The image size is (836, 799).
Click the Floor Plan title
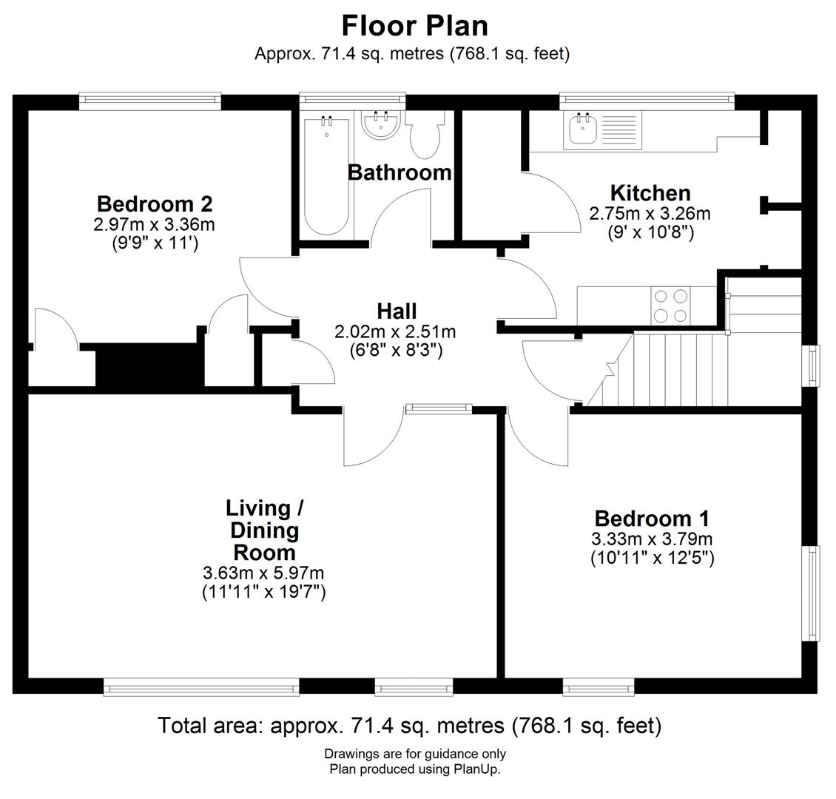(414, 25)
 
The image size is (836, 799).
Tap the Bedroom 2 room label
(155, 203)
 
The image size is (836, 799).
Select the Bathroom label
(400, 172)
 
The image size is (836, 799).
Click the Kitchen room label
(650, 193)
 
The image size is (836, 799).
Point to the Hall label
(397, 311)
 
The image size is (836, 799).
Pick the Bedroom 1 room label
(652, 518)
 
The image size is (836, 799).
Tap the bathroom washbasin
(382, 124)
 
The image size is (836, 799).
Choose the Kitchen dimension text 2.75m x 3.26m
(650, 214)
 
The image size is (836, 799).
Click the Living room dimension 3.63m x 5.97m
(263, 573)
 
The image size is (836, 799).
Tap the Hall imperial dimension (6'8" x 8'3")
(396, 350)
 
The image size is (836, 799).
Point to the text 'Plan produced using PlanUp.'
(415, 769)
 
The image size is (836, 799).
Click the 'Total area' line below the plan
(409, 725)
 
